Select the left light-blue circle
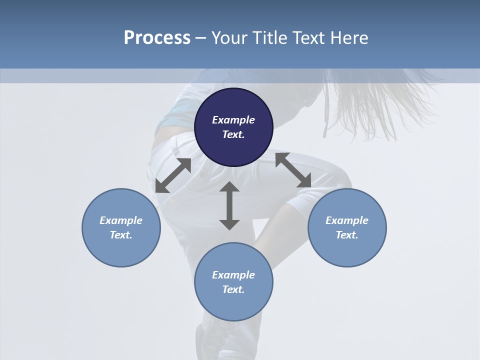click(121, 227)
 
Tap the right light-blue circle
click(347, 227)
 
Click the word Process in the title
click(157, 38)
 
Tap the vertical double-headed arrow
click(229, 205)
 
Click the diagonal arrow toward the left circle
click(173, 175)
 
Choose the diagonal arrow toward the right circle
click(293, 170)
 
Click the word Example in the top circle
click(233, 120)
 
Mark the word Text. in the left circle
click(121, 235)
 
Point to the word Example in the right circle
click(347, 220)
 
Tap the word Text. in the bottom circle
click(233, 289)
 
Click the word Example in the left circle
click(121, 220)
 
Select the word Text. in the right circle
click(347, 235)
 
